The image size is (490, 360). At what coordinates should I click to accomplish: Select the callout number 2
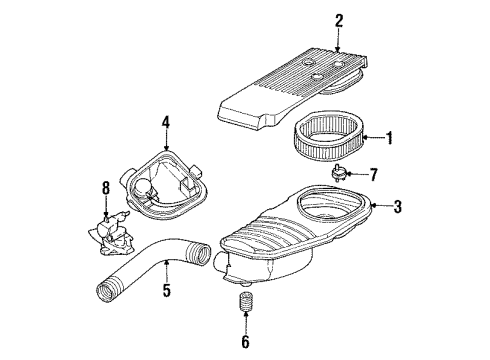click(339, 19)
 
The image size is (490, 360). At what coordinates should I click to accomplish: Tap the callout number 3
click(398, 207)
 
